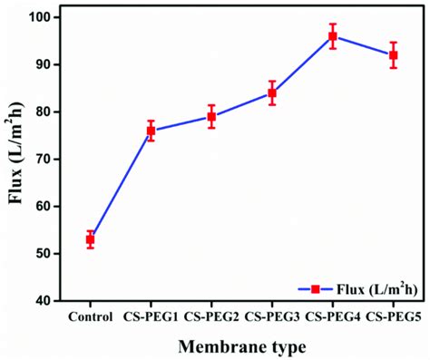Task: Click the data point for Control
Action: click(91, 239)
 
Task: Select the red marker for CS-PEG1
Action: click(151, 131)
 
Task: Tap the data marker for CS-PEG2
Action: click(211, 116)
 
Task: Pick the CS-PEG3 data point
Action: click(271, 92)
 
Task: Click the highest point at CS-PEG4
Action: click(333, 36)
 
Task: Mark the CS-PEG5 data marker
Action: click(393, 55)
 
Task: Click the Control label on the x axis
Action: click(91, 316)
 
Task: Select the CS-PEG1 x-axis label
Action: click(151, 316)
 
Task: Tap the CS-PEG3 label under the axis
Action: click(271, 316)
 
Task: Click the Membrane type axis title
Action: click(241, 345)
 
